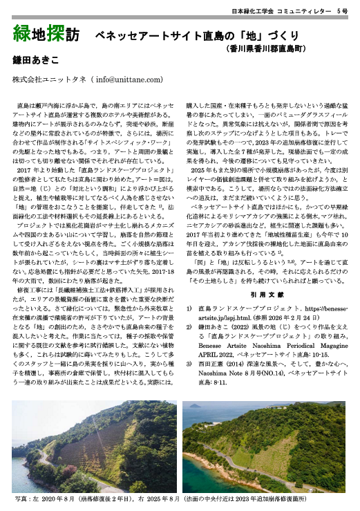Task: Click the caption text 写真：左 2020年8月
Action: pyautogui.click(x=45, y=497)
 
